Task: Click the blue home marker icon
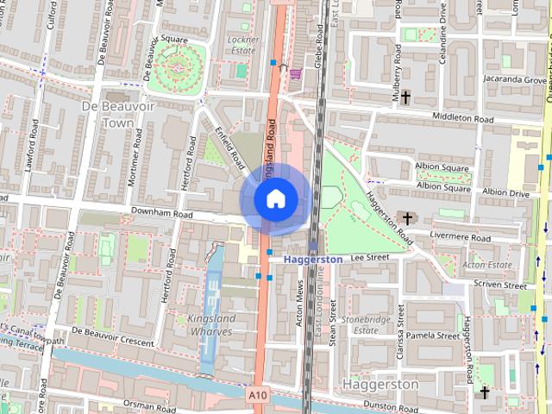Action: tap(274, 200)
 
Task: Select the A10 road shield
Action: tap(257, 394)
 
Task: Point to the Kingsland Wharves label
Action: tap(211, 325)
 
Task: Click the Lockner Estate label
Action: tap(241, 45)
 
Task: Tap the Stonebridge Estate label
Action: tap(360, 324)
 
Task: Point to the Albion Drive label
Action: tap(506, 193)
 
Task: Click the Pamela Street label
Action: tap(433, 335)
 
